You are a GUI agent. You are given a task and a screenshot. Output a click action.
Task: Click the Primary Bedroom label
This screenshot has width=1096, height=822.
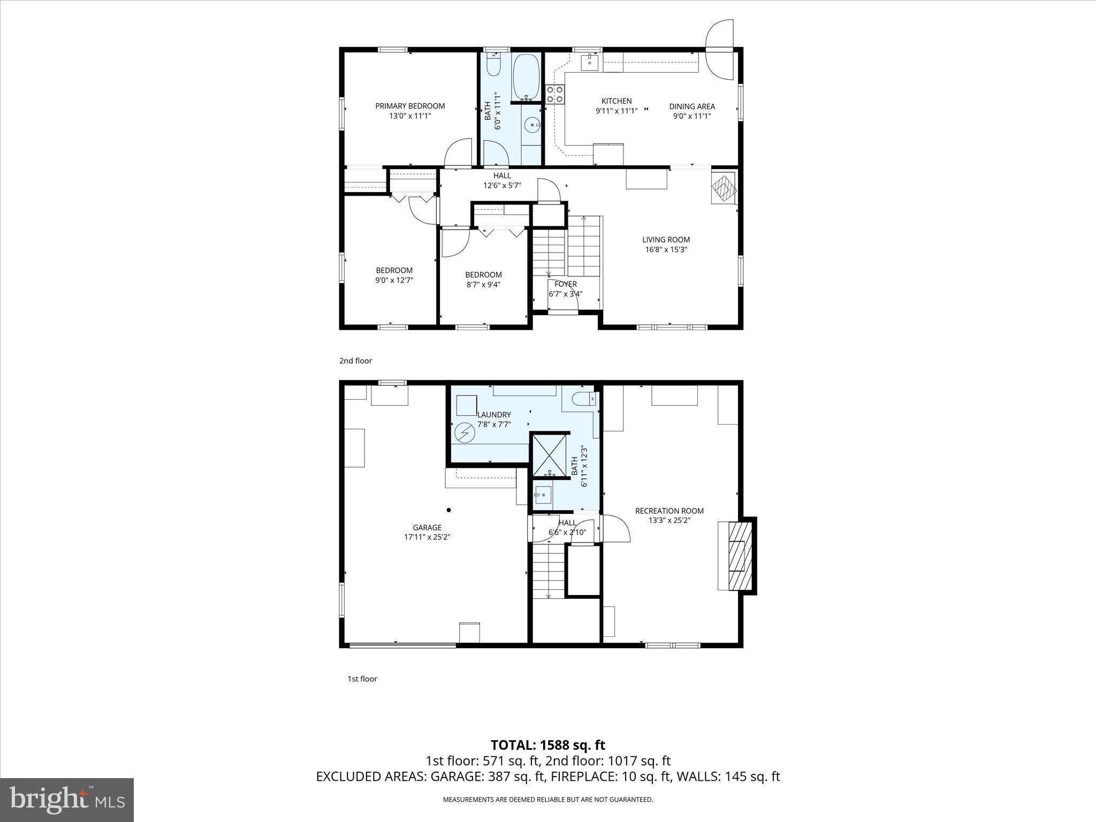pyautogui.click(x=410, y=106)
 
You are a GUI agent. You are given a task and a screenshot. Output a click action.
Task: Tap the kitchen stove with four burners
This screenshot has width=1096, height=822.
pyautogui.click(x=554, y=94)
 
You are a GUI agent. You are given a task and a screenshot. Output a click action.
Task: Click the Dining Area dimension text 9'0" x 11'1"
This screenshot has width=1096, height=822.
pyautogui.click(x=691, y=116)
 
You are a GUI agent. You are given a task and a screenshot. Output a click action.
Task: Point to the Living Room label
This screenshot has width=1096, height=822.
pyautogui.click(x=666, y=240)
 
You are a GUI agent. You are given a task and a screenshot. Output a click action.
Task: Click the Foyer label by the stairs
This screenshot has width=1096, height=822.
pyautogui.click(x=565, y=284)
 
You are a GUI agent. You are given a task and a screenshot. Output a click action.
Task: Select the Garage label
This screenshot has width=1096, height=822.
pyautogui.click(x=427, y=528)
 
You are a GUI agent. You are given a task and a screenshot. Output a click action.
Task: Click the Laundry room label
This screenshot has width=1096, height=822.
pyautogui.click(x=494, y=415)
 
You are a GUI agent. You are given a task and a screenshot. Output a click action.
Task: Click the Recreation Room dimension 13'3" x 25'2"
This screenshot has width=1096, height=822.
pyautogui.click(x=669, y=520)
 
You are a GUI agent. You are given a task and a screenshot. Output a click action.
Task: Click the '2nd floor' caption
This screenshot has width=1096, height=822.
pyautogui.click(x=355, y=361)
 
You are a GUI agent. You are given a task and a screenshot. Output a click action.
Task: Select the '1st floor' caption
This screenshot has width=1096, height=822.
pyautogui.click(x=362, y=679)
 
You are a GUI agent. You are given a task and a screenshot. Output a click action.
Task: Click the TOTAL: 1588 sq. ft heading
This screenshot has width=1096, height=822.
pyautogui.click(x=548, y=745)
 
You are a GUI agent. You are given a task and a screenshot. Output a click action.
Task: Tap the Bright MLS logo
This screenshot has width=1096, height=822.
pyautogui.click(x=67, y=800)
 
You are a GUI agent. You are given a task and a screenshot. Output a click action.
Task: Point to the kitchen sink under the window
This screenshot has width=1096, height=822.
pyautogui.click(x=590, y=61)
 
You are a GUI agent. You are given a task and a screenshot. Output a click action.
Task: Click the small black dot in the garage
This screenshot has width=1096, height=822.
pyautogui.click(x=449, y=509)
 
